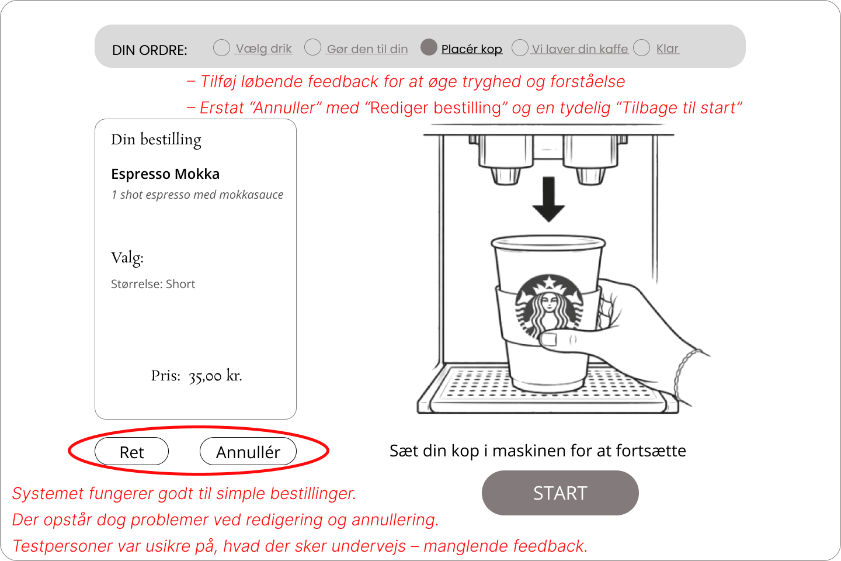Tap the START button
(x=560, y=493)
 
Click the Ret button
(x=132, y=451)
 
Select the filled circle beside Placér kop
(x=429, y=47)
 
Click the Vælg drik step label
(x=263, y=49)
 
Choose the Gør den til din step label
(x=367, y=49)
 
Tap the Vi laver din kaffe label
(x=580, y=49)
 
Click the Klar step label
(x=668, y=49)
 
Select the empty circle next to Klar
(x=642, y=48)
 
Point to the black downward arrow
(x=549, y=199)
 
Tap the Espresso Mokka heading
(x=165, y=174)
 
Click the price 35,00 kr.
(x=215, y=376)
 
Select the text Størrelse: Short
(x=153, y=284)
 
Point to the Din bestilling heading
(x=156, y=140)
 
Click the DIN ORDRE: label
(x=150, y=50)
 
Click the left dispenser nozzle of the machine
(x=505, y=176)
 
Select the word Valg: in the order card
(x=127, y=258)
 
